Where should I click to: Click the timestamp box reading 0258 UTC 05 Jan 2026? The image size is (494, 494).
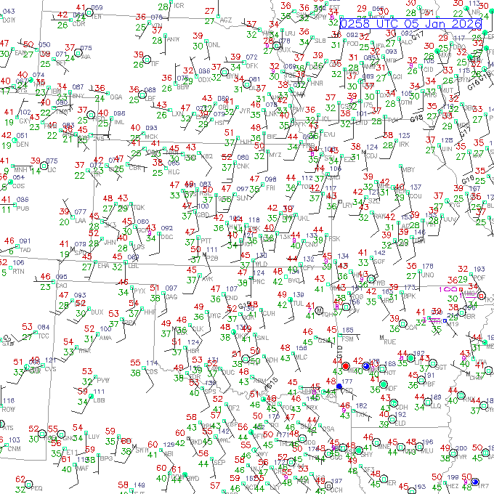pyautogui.click(x=410, y=24)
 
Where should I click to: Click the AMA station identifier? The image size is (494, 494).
pyautogui.click(x=105, y=338)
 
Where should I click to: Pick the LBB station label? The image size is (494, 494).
pyautogui.click(x=99, y=400)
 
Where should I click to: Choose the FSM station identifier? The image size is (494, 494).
pyautogui.click(x=347, y=339)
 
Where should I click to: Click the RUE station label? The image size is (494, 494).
pyautogui.click(x=389, y=341)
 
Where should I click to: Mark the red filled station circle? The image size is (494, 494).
pyautogui.click(x=346, y=365)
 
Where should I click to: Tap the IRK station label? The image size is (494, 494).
pyautogui.click(x=404, y=145)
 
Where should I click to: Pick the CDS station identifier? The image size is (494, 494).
pyautogui.click(x=151, y=372)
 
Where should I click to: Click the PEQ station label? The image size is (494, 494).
pyautogui.click(x=38, y=488)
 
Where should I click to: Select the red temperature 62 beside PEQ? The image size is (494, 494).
pyautogui.click(x=20, y=480)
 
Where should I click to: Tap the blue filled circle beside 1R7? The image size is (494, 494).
pyautogui.click(x=474, y=482)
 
